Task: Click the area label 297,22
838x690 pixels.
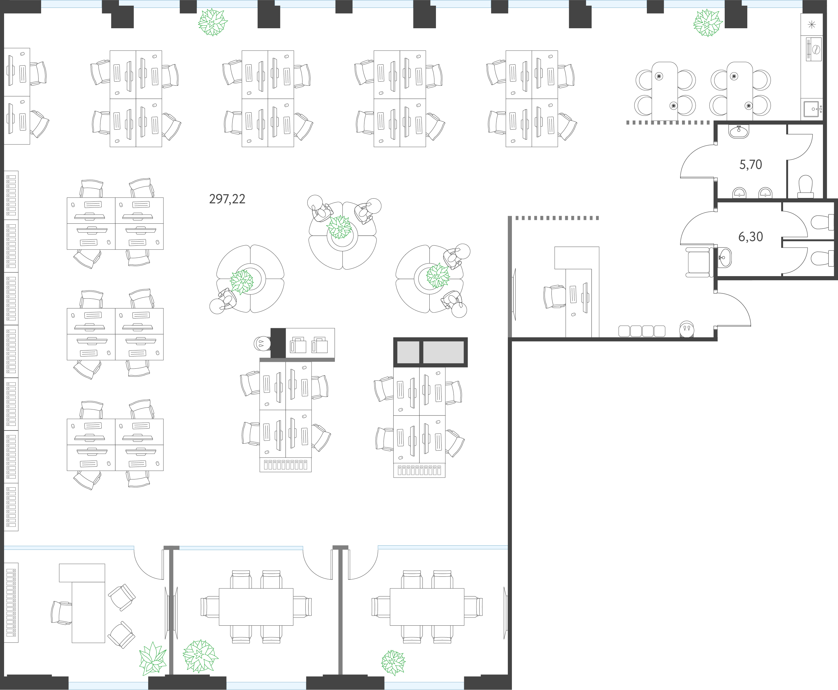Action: [227, 199]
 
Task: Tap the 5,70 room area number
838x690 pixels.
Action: [750, 164]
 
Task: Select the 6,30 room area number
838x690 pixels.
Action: [750, 237]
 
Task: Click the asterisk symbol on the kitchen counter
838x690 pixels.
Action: [812, 25]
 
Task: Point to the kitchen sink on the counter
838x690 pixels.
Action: [811, 109]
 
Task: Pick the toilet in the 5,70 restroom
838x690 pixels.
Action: [805, 186]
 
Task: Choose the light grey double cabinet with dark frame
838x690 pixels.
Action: [430, 352]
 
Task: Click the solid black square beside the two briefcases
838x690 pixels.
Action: [278, 343]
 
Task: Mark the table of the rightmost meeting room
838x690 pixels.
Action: [427, 607]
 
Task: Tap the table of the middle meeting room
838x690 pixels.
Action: [256, 607]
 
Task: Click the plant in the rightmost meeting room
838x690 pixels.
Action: [393, 663]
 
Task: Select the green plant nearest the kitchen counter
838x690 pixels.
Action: [708, 23]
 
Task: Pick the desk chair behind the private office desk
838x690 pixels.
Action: [62, 612]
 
